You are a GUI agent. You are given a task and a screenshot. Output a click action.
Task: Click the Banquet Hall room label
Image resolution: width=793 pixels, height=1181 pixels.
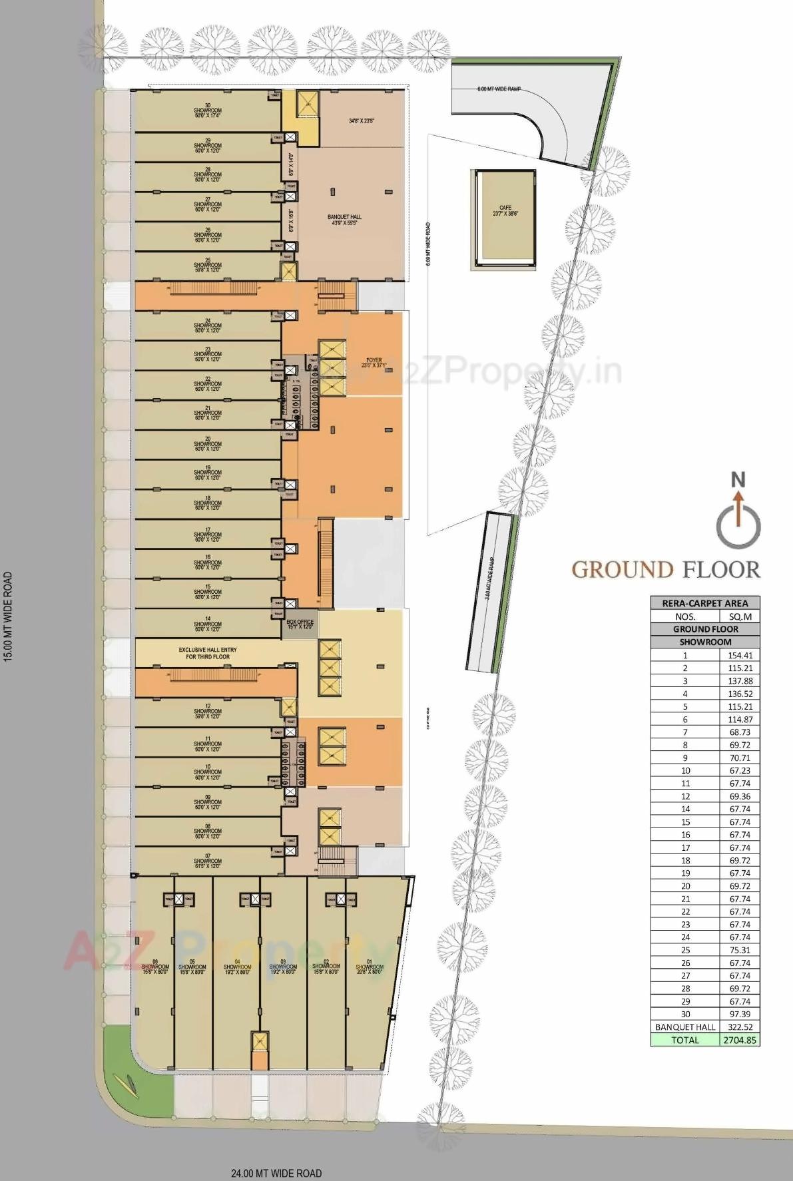pos(344,220)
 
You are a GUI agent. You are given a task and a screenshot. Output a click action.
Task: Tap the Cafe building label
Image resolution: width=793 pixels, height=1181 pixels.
pos(505,211)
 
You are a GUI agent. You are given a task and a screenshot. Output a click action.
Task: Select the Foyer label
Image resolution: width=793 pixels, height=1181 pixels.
pos(374,363)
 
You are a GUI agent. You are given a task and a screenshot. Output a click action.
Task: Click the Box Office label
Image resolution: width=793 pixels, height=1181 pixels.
pos(300,624)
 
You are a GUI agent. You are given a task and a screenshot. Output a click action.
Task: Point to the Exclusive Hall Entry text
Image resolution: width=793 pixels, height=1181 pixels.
pos(207,653)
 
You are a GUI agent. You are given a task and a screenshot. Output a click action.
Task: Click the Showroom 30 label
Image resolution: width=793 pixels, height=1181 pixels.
pos(208,111)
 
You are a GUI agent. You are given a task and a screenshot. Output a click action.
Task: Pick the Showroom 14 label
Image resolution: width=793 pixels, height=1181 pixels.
pos(208,624)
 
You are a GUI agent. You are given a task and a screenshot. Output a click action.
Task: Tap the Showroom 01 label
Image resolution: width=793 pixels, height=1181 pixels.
pos(370,969)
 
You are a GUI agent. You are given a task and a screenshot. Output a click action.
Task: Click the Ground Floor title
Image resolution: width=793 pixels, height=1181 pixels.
pos(666,570)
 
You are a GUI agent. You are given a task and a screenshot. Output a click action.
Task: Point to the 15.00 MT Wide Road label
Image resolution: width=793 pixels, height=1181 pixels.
pos(9,615)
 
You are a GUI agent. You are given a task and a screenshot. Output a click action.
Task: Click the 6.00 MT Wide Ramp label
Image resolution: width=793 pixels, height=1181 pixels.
pos(498,89)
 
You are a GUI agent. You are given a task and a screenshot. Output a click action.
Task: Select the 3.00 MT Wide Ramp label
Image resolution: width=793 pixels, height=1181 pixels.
pos(490,579)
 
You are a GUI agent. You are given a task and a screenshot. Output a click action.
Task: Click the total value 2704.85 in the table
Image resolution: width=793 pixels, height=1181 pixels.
pos(740,1040)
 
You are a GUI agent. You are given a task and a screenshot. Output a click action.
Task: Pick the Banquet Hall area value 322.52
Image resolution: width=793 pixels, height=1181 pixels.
pos(740,1027)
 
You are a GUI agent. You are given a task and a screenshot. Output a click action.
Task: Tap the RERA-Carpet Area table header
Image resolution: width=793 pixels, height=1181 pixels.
pos(704,603)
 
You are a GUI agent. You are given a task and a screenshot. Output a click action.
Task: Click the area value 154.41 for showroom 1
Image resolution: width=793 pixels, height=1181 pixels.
pos(740,655)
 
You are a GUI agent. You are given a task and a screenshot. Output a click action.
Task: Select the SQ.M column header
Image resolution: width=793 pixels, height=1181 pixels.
pos(740,616)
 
